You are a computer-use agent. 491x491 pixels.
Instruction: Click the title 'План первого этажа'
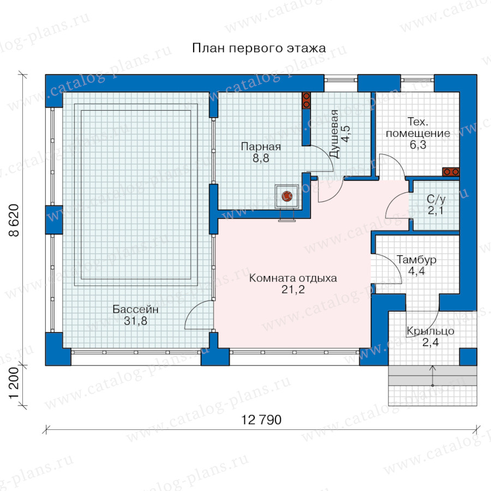(x=259, y=49)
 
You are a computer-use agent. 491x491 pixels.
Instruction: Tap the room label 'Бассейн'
(x=136, y=309)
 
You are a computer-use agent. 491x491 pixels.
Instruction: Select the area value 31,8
(x=135, y=321)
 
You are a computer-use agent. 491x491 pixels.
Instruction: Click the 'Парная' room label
(x=261, y=147)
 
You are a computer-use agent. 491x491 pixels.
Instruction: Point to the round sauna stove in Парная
(x=287, y=196)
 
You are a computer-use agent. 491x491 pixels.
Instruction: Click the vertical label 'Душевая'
(x=334, y=134)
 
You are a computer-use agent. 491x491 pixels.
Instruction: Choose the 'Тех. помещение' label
(x=418, y=128)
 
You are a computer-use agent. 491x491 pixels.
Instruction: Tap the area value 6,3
(x=418, y=145)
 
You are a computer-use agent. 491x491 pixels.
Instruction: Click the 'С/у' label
(x=436, y=199)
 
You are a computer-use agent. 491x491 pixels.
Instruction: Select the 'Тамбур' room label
(x=416, y=260)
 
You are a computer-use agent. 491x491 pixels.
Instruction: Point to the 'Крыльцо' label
(x=430, y=331)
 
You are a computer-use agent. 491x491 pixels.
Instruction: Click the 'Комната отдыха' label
(x=293, y=278)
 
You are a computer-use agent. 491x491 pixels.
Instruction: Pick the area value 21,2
(x=293, y=290)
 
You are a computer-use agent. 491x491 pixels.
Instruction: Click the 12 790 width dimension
(x=261, y=420)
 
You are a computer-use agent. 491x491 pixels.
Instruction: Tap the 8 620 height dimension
(x=14, y=220)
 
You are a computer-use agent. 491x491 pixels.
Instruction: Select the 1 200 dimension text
(x=14, y=384)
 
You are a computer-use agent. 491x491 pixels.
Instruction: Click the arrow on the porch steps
(x=433, y=375)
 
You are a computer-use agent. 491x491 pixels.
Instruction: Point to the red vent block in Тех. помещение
(x=451, y=172)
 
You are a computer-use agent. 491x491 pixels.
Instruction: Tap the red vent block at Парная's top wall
(x=306, y=100)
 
